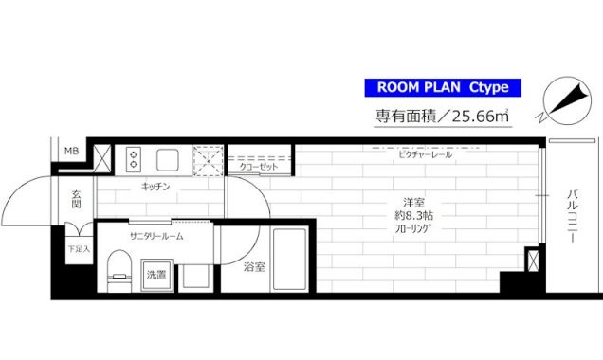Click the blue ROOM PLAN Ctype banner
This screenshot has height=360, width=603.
coord(443,87)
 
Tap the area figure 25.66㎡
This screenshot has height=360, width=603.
coord(481,116)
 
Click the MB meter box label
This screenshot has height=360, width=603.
coord(71,151)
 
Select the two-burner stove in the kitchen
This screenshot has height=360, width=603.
coord(134,159)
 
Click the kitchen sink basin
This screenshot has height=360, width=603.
coord(167,160)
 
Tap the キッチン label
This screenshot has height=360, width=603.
coord(155,187)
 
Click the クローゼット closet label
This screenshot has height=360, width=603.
coord(259,167)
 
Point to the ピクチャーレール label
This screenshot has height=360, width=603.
coord(426,154)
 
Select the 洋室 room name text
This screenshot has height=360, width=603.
coord(413,202)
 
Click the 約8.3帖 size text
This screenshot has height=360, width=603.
coord(413,215)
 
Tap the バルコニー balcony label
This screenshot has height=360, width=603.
coord(573,216)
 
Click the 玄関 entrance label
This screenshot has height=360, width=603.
coord(76,199)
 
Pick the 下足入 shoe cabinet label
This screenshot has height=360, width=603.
coord(79,249)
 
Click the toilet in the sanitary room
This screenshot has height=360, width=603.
coord(119,271)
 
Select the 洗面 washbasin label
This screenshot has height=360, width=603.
coord(156,275)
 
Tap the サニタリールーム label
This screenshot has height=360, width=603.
coord(156,237)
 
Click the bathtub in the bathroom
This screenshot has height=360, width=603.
coord(289,260)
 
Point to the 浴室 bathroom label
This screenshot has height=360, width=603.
coord(254,267)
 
